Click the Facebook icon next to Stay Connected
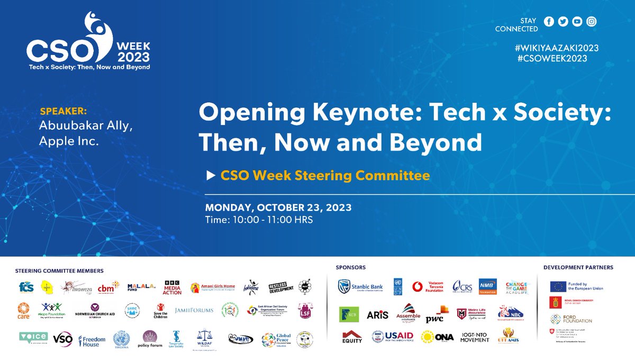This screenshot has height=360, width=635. (549, 22)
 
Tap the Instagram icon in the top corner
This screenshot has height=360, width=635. (592, 22)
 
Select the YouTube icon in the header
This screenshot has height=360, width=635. (577, 22)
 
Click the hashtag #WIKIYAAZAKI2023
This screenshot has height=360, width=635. (556, 48)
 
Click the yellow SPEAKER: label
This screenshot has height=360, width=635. (63, 112)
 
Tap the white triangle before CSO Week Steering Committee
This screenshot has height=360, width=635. (211, 175)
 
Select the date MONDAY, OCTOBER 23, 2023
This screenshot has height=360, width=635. (278, 206)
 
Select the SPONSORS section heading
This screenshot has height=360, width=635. (351, 267)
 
